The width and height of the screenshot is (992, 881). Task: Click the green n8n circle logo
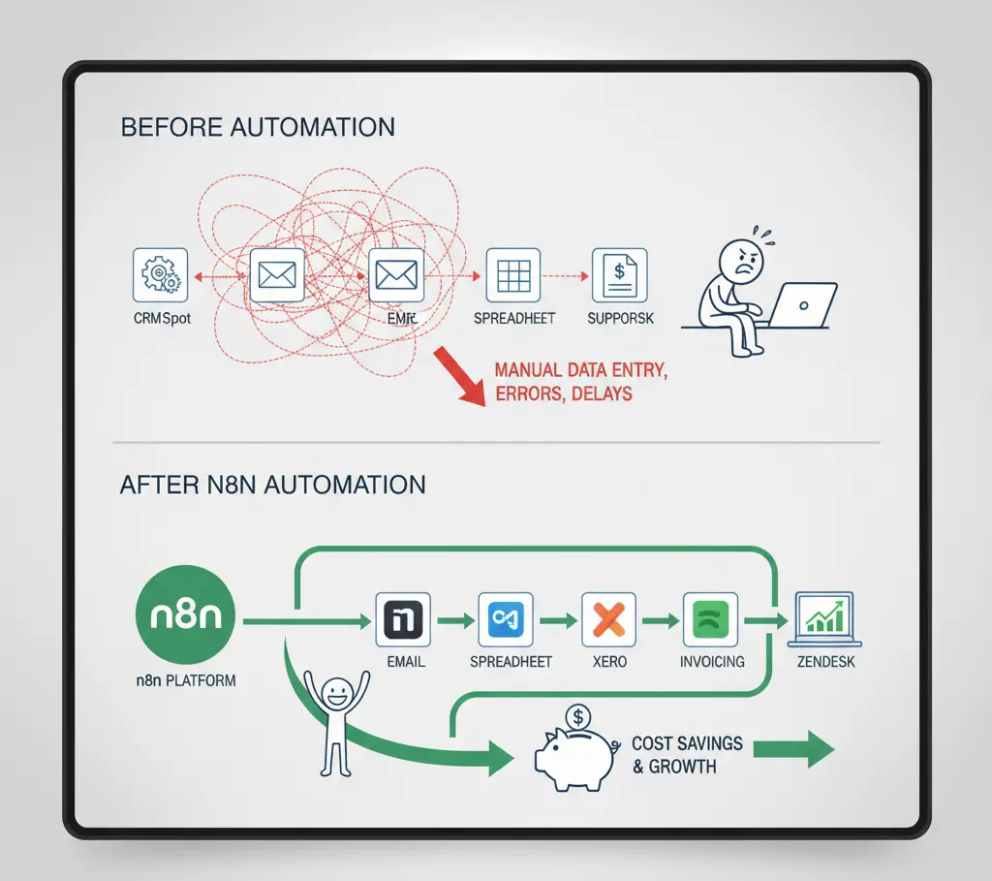point(186,617)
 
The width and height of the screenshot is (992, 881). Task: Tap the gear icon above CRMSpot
point(159,275)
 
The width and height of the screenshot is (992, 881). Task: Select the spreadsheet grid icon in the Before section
point(512,275)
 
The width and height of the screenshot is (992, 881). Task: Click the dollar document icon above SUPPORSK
point(619,275)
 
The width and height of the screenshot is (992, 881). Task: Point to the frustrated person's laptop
point(805,304)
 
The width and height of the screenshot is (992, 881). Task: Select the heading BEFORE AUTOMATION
point(257,127)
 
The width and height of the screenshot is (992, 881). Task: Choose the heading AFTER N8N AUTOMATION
point(272,485)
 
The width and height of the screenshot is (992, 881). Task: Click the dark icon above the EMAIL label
point(402,619)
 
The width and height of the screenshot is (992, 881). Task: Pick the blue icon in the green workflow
point(505,619)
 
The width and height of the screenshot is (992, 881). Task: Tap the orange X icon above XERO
point(608,619)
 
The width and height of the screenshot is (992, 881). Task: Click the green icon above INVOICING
point(710,619)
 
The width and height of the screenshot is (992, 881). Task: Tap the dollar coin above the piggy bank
point(578,717)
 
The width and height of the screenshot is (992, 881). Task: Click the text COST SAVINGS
point(687,743)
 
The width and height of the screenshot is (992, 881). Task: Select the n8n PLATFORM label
point(185,680)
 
